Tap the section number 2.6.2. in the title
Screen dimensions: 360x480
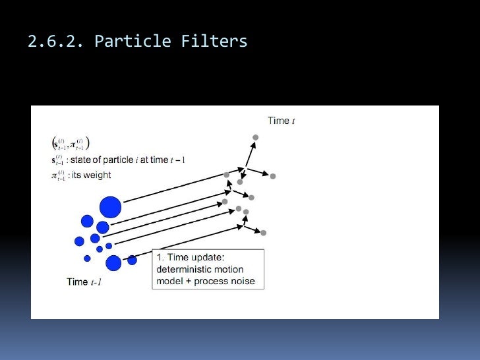(x=56, y=42)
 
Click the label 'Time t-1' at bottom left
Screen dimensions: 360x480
(x=84, y=282)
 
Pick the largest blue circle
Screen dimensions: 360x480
(x=110, y=208)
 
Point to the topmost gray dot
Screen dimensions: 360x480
(x=256, y=137)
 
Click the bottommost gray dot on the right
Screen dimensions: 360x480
(x=263, y=233)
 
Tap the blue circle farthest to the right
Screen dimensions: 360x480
(x=132, y=260)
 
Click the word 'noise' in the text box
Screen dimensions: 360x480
(x=242, y=282)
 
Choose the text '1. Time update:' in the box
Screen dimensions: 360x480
(x=191, y=257)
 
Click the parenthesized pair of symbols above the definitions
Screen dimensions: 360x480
(x=70, y=143)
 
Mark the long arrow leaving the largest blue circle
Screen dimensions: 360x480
(x=171, y=191)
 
